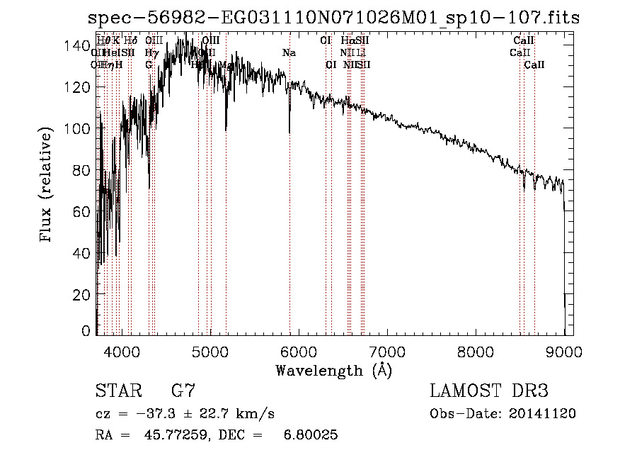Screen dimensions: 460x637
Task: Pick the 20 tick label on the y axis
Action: coord(84,294)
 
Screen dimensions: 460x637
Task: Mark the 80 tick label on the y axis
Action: coord(84,170)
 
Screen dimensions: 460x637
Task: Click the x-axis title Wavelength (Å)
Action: coord(333,370)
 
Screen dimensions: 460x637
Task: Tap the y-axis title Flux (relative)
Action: coord(47,186)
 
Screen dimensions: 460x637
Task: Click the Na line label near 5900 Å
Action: coord(289,53)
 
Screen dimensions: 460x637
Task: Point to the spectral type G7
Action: coord(183,391)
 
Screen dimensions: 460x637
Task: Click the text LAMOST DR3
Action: coord(489,391)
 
